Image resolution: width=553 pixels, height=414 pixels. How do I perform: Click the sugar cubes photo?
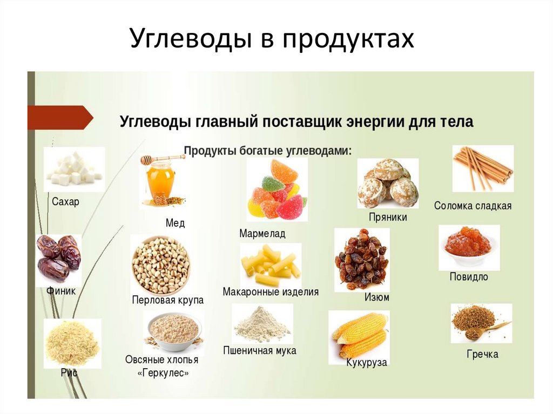pyautogui.click(x=74, y=169)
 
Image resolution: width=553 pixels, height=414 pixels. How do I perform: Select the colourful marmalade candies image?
pyautogui.click(x=277, y=189)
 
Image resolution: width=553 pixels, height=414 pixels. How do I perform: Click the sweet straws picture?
pyautogui.click(x=482, y=168)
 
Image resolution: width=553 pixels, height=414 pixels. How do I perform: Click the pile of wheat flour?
pyautogui.click(x=262, y=324)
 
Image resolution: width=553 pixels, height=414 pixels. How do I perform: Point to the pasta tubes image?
pyautogui.click(x=271, y=264)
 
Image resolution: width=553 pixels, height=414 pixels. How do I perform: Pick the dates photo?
pyautogui.click(x=59, y=259)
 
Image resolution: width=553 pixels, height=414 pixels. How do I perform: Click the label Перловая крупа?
pyautogui.click(x=167, y=300)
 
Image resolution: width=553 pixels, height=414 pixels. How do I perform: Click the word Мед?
pyautogui.click(x=175, y=223)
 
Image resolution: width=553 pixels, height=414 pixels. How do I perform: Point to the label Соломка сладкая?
pyautogui.click(x=473, y=206)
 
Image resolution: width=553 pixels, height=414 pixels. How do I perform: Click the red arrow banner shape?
pyautogui.click(x=59, y=118)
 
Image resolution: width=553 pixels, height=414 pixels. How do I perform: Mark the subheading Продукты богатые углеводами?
pyautogui.click(x=268, y=151)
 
